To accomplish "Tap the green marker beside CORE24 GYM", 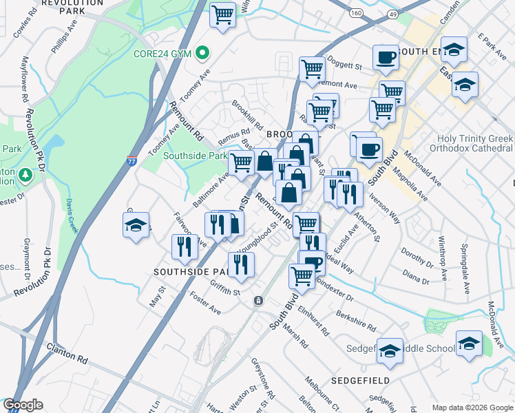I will pyautogui.click(x=202, y=52).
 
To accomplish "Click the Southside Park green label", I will pyautogui.click(x=195, y=156).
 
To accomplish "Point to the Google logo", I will pyautogui.click(x=23, y=405).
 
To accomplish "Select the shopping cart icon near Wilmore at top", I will pyautogui.click(x=222, y=14).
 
